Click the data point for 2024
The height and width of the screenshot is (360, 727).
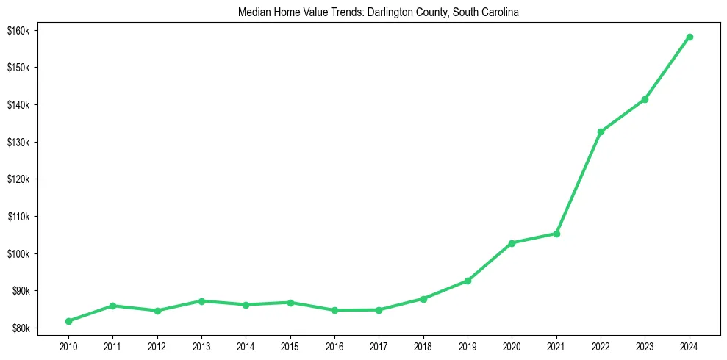pos(690,37)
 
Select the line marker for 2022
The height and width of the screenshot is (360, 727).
pos(601,132)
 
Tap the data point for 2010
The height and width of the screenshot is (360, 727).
pos(68,321)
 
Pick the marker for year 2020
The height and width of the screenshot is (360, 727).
pos(512,242)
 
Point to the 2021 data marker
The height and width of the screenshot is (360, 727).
pos(556,234)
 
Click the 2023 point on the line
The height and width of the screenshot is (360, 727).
pos(645,99)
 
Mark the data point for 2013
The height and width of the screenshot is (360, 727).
pos(201,301)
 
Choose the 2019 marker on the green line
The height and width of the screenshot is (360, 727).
pos(468,281)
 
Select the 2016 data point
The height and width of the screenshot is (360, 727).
pos(334,310)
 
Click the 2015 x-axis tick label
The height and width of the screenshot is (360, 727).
pos(290,346)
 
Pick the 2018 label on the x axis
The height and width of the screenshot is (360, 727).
pos(423,346)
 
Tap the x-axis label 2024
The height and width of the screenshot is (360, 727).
pos(690,346)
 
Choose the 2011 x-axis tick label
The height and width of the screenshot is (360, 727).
pos(112,346)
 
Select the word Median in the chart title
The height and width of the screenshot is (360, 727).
pos(253,12)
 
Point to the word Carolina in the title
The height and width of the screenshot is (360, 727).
pos(501,12)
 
